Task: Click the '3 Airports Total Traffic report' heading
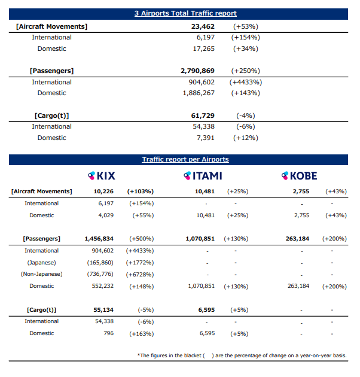[x=185, y=13]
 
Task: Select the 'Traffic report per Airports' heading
[x=185, y=159]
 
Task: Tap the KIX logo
[x=102, y=176]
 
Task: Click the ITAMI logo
[x=203, y=176]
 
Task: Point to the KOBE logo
[x=299, y=176]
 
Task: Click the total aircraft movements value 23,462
[x=203, y=26]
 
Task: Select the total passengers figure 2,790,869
[x=197, y=71]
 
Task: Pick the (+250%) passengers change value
[x=246, y=71]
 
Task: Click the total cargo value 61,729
[x=203, y=115]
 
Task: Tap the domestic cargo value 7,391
[x=206, y=138]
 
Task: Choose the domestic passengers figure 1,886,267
[x=199, y=93]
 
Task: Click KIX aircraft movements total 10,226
[x=103, y=191]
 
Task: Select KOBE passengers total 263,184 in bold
[x=297, y=239]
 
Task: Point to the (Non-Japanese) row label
[x=42, y=274]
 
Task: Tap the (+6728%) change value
[x=140, y=275]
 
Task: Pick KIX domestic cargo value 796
[x=109, y=333]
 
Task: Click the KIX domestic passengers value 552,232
[x=103, y=286]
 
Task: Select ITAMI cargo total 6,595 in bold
[x=206, y=310]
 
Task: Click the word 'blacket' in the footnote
[x=193, y=355]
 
